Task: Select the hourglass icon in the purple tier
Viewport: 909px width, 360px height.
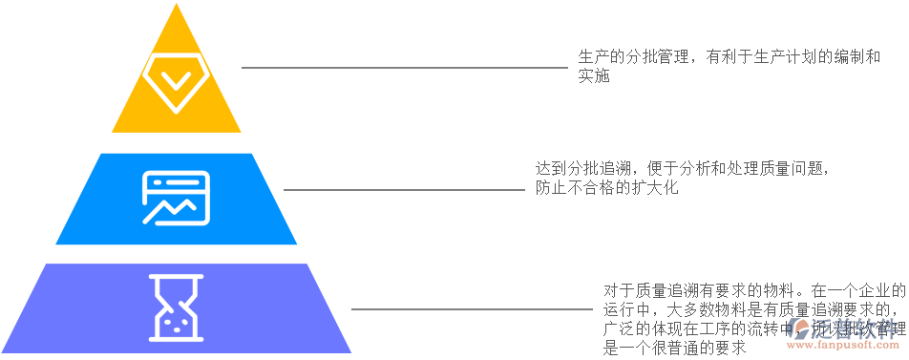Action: pos(176,307)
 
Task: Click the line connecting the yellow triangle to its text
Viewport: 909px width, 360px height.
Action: pos(401,68)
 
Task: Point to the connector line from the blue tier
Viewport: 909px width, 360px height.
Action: pos(401,189)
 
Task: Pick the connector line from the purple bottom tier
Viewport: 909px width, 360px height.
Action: pos(468,308)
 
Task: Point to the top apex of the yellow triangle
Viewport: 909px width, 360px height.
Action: pos(176,5)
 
